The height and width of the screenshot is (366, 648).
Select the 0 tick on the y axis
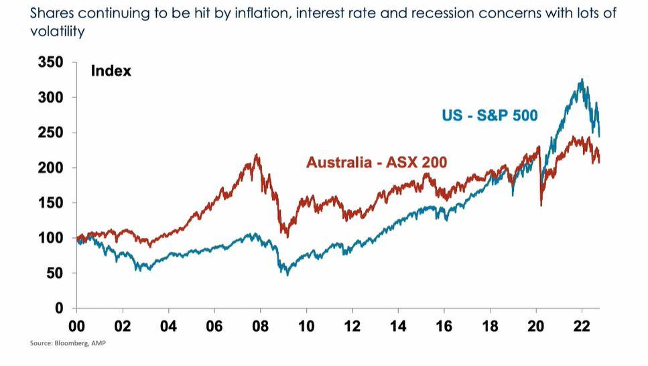coord(58,308)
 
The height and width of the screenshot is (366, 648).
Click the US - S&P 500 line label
coord(489,115)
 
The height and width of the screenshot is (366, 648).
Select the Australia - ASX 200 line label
coord(377,162)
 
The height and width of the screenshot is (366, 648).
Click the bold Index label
coord(111,70)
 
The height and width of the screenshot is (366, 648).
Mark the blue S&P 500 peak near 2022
coord(582,79)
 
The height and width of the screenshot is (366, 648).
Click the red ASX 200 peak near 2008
coord(257,155)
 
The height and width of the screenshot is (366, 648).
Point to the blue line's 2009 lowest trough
coord(287,274)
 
